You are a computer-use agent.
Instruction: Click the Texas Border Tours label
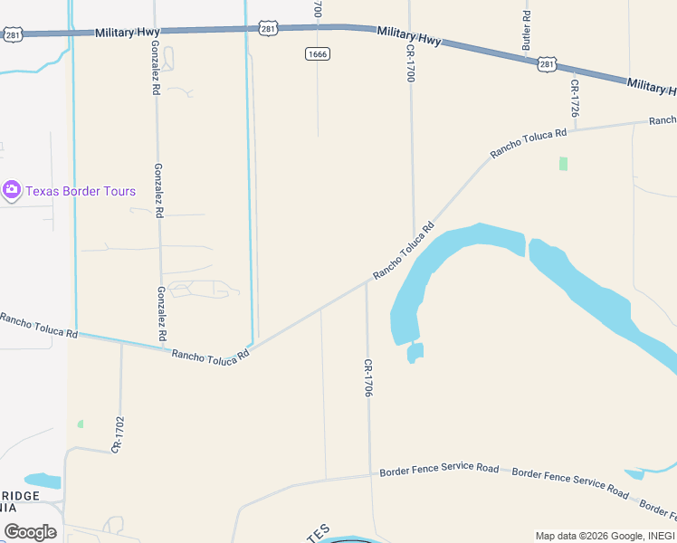click(81, 191)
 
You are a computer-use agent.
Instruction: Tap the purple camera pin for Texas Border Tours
click(12, 191)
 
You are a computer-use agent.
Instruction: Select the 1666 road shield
click(317, 54)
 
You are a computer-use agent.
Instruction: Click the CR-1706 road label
click(368, 377)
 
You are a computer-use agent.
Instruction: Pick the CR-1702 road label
click(118, 434)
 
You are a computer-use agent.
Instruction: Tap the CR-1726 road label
click(574, 98)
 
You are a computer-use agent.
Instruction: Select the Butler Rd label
click(526, 31)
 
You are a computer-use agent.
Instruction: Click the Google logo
click(30, 532)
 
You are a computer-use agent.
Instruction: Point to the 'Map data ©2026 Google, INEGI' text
click(604, 536)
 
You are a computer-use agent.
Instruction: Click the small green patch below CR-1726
click(563, 164)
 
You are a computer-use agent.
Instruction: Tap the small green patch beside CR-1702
click(81, 424)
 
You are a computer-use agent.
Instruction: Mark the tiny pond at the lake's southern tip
click(415, 352)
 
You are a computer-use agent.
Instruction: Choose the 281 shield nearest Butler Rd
click(546, 63)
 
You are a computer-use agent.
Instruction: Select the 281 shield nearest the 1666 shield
click(267, 29)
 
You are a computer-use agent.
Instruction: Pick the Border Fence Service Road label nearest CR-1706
click(439, 470)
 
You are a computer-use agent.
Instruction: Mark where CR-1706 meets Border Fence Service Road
click(370, 472)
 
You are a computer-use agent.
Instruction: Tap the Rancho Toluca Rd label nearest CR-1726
click(529, 143)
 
